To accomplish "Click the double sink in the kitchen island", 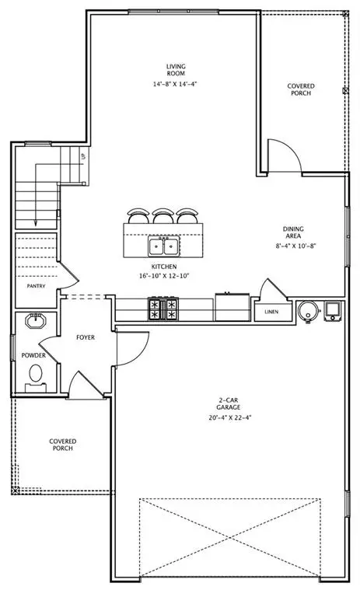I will pyautogui.click(x=163, y=247).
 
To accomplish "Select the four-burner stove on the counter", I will pyautogui.click(x=163, y=310).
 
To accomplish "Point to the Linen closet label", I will pyautogui.click(x=271, y=312).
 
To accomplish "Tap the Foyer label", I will pyautogui.click(x=86, y=338).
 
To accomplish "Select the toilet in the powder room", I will pyautogui.click(x=35, y=375).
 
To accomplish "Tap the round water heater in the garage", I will pyautogui.click(x=308, y=311).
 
